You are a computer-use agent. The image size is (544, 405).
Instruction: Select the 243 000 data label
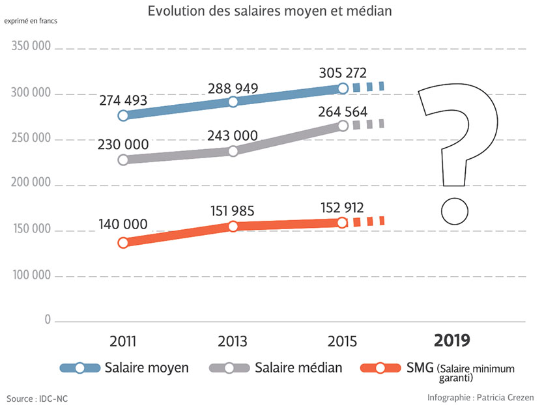click(233, 135)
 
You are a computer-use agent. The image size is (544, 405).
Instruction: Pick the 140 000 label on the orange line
click(123, 225)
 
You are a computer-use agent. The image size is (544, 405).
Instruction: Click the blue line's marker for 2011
click(123, 115)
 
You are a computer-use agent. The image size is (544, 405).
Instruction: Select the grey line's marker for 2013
click(233, 151)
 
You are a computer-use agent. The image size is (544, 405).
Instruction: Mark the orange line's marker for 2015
click(343, 223)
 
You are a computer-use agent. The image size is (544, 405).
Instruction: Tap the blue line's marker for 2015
click(343, 89)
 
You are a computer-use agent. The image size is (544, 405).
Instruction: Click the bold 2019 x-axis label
click(452, 341)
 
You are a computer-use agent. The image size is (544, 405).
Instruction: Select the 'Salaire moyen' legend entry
click(147, 368)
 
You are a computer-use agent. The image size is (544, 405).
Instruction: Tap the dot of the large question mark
click(454, 212)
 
